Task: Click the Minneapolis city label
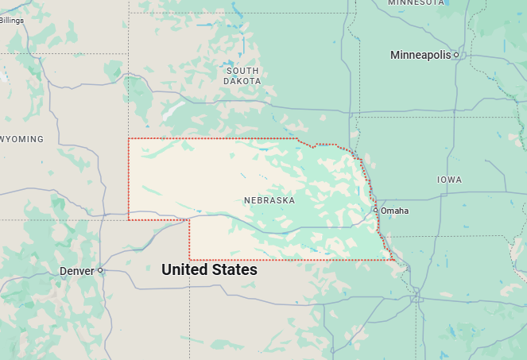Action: point(420,55)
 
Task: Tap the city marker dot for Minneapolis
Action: point(456,55)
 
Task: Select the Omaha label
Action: point(395,211)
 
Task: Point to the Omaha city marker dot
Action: point(376,210)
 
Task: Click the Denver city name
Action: point(76,271)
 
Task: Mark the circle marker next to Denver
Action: point(100,270)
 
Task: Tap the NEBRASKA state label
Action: point(269,200)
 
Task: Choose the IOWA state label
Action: point(449,180)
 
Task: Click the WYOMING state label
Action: point(21,139)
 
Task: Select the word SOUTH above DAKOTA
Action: point(242,71)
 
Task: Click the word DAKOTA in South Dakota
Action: point(242,81)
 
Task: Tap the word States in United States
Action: point(235,270)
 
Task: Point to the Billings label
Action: point(12,20)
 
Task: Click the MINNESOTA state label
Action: point(416,3)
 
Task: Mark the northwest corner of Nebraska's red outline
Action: point(129,139)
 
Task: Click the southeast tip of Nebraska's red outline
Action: point(394,260)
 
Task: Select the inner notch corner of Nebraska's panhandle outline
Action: point(189,220)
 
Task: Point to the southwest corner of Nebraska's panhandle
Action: point(129,219)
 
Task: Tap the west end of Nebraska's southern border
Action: point(189,259)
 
